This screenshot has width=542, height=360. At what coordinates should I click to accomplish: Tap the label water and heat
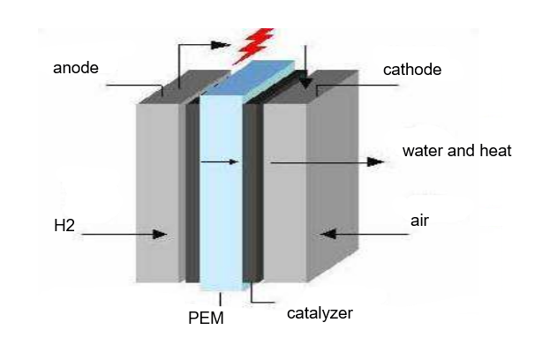pos(456,151)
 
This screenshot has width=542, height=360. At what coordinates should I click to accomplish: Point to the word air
pos(419,221)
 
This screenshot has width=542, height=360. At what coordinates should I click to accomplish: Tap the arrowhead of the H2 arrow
pos(161,234)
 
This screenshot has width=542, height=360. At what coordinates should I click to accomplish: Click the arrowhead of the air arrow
pos(327,234)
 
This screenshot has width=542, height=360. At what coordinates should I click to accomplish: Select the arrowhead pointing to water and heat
pos(377,162)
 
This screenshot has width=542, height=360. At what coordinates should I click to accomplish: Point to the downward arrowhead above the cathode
pos(305,84)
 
